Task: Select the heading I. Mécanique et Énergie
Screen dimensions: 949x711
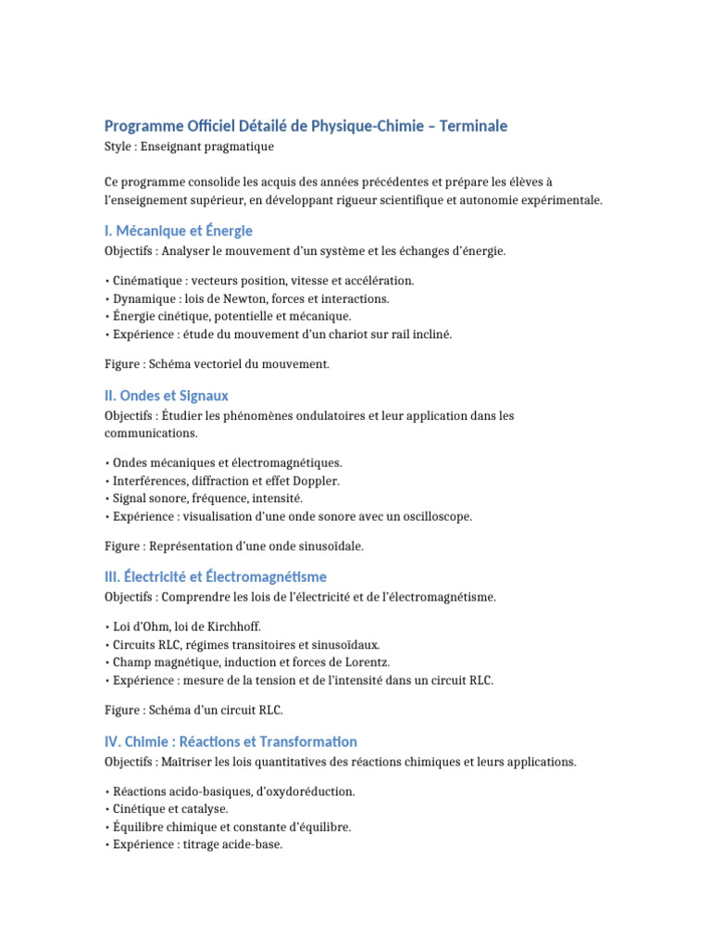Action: (179, 231)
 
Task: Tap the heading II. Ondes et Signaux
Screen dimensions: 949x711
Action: (167, 396)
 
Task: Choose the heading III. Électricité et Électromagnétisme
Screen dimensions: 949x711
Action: (216, 576)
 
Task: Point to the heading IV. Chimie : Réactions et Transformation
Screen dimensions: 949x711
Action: (231, 741)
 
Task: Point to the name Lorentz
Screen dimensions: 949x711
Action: (366, 662)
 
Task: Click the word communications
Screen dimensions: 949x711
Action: (151, 433)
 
